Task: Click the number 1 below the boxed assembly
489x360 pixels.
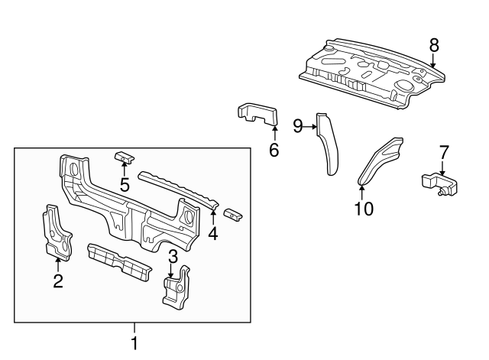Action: pyautogui.click(x=134, y=343)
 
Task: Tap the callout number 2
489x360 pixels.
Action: pyautogui.click(x=58, y=281)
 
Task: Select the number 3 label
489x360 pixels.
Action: pyautogui.click(x=173, y=255)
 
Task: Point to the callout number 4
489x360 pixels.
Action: pyautogui.click(x=213, y=233)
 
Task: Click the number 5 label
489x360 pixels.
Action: pyautogui.click(x=125, y=184)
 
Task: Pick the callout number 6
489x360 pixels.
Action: pyautogui.click(x=274, y=149)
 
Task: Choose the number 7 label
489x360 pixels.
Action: pyautogui.click(x=444, y=152)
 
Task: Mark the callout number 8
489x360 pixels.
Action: pyautogui.click(x=434, y=45)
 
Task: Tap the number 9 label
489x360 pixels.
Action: pyautogui.click(x=299, y=125)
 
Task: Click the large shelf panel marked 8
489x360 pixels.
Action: pyautogui.click(x=367, y=73)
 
